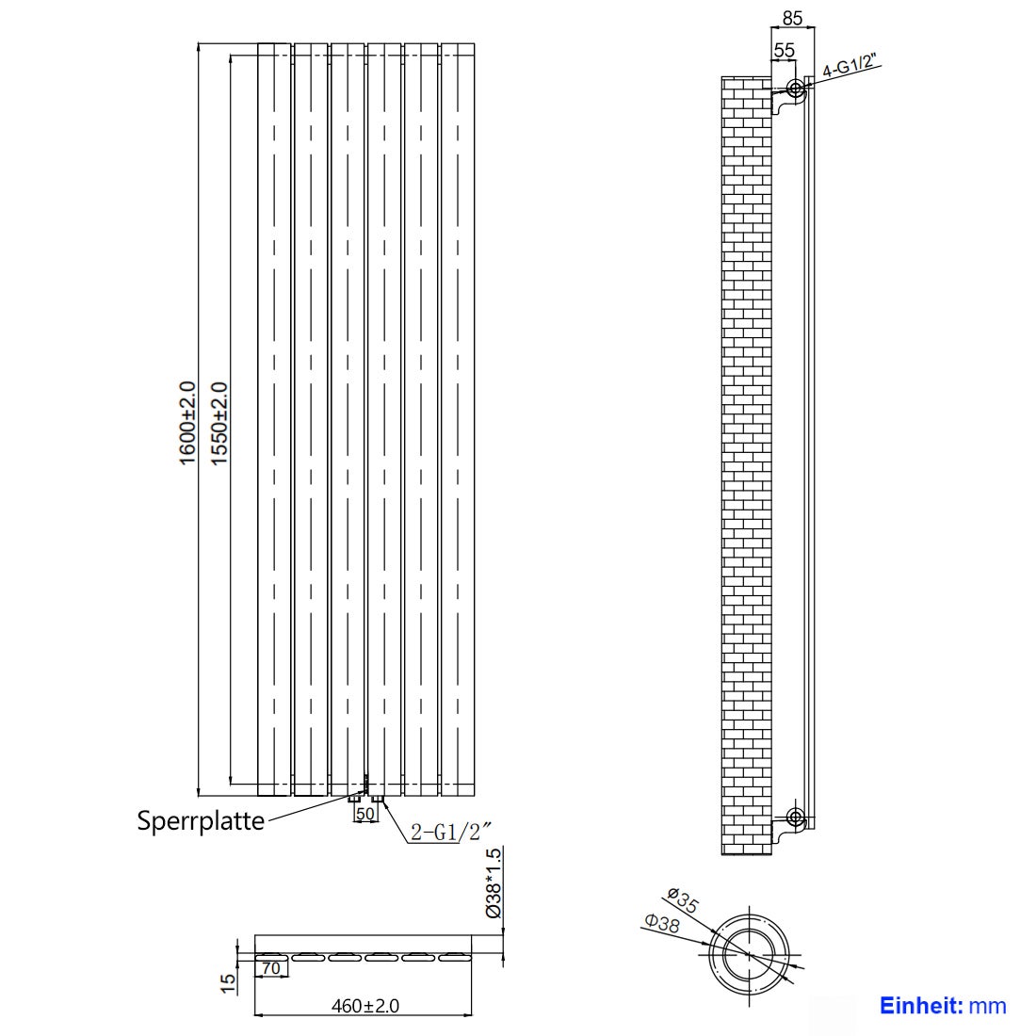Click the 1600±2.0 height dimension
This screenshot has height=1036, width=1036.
[187, 422]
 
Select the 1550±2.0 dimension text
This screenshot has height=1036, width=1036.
[218, 422]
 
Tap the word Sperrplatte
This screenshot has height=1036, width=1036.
[201, 820]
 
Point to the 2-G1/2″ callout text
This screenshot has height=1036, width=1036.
[451, 831]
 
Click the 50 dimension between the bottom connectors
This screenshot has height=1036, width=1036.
[366, 813]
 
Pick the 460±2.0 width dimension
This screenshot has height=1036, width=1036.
[365, 1006]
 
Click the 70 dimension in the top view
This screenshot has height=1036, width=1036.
[271, 967]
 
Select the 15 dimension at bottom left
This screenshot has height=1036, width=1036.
[227, 982]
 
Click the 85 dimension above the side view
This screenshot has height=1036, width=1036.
[792, 17]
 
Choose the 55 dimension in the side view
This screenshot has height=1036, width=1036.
[784, 50]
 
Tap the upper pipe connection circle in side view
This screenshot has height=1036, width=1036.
[796, 89]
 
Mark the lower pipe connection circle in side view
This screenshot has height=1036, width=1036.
[796, 816]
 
